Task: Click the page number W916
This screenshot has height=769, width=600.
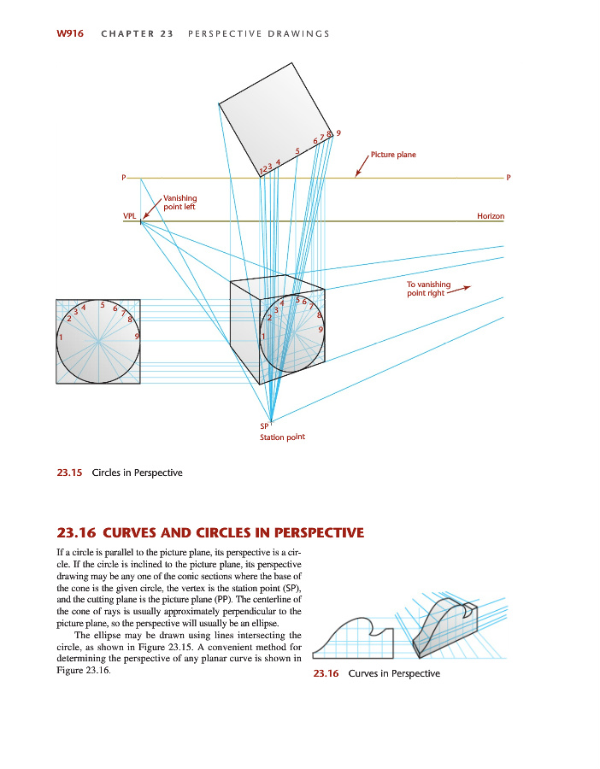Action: click(x=70, y=34)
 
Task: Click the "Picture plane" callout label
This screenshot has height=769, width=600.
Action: click(x=393, y=155)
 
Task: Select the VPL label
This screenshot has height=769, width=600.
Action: click(x=129, y=216)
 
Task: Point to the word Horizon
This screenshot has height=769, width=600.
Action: click(x=491, y=216)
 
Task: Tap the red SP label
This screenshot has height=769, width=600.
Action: click(x=264, y=426)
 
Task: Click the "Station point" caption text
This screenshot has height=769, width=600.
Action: click(x=282, y=437)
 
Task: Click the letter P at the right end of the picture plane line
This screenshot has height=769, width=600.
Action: click(x=509, y=179)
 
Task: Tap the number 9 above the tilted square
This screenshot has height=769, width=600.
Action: click(x=338, y=132)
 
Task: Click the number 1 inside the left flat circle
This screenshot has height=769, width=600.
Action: click(x=60, y=338)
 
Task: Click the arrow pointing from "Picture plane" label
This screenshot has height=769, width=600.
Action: click(x=361, y=166)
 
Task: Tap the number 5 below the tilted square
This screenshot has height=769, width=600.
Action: click(x=297, y=151)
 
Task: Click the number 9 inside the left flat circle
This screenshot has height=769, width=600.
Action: click(x=137, y=338)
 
